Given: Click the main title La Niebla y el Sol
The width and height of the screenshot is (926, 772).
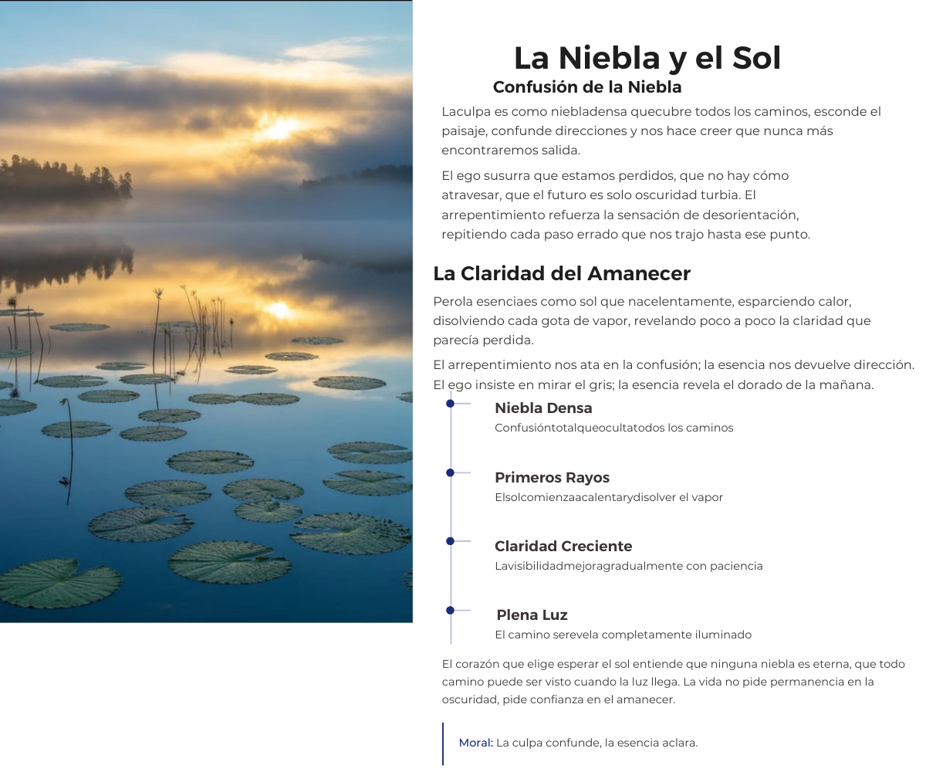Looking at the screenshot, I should click(647, 59).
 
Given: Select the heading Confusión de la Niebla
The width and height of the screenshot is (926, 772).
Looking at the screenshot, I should click(587, 87).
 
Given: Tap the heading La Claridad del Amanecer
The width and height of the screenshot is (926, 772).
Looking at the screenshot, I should click(562, 273).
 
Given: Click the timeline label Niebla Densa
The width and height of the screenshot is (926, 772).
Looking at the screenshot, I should click(543, 408).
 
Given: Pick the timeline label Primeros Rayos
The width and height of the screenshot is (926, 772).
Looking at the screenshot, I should click(552, 477).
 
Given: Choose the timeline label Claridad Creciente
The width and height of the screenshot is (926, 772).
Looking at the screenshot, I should click(563, 546).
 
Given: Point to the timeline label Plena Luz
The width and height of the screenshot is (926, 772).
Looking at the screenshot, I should click(532, 615).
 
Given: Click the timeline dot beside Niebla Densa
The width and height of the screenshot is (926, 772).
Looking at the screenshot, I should click(450, 403).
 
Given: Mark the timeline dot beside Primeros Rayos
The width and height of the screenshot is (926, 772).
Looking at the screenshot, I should click(450, 472).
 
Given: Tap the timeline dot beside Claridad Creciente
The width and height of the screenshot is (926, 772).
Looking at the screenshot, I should click(450, 541).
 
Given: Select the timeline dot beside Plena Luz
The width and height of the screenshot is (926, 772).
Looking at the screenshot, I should click(450, 610).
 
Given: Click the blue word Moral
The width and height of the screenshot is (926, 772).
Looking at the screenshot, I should click(475, 743).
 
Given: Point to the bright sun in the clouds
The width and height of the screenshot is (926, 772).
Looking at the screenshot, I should click(279, 128).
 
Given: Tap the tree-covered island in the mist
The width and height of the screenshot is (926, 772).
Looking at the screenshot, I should click(62, 180).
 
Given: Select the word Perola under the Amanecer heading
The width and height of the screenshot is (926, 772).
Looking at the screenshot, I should click(450, 301).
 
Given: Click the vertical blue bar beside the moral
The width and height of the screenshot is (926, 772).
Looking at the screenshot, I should click(443, 743).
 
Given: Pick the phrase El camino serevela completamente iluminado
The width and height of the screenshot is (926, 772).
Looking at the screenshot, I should click(623, 635).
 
